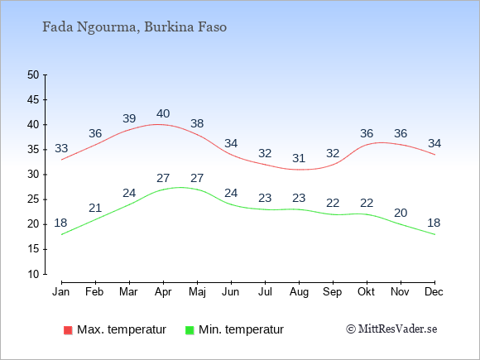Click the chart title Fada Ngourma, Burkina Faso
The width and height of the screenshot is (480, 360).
[134, 27]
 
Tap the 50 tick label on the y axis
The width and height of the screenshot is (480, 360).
[33, 74]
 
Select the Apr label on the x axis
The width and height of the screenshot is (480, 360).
[163, 292]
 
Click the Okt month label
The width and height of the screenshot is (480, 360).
[366, 292]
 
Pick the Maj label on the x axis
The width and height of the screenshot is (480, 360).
[197, 292]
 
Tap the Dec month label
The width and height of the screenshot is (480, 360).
[434, 292]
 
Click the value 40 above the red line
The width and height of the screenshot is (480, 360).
[163, 113]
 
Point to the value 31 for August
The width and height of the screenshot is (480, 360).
[299, 158]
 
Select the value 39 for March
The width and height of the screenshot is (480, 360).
[129, 118]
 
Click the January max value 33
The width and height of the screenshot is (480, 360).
[61, 148]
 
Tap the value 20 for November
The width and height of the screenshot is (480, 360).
[401, 213]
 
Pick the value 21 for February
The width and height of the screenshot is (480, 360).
[95, 209]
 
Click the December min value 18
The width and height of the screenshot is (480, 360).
[434, 223]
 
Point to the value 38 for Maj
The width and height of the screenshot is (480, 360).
[197, 123]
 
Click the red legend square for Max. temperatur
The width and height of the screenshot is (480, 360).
[68, 330]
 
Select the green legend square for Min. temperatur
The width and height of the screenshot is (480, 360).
[190, 330]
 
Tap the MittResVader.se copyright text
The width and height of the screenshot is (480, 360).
[391, 329]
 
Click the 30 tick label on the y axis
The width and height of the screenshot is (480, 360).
[33, 175]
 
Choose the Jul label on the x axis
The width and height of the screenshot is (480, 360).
[265, 292]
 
